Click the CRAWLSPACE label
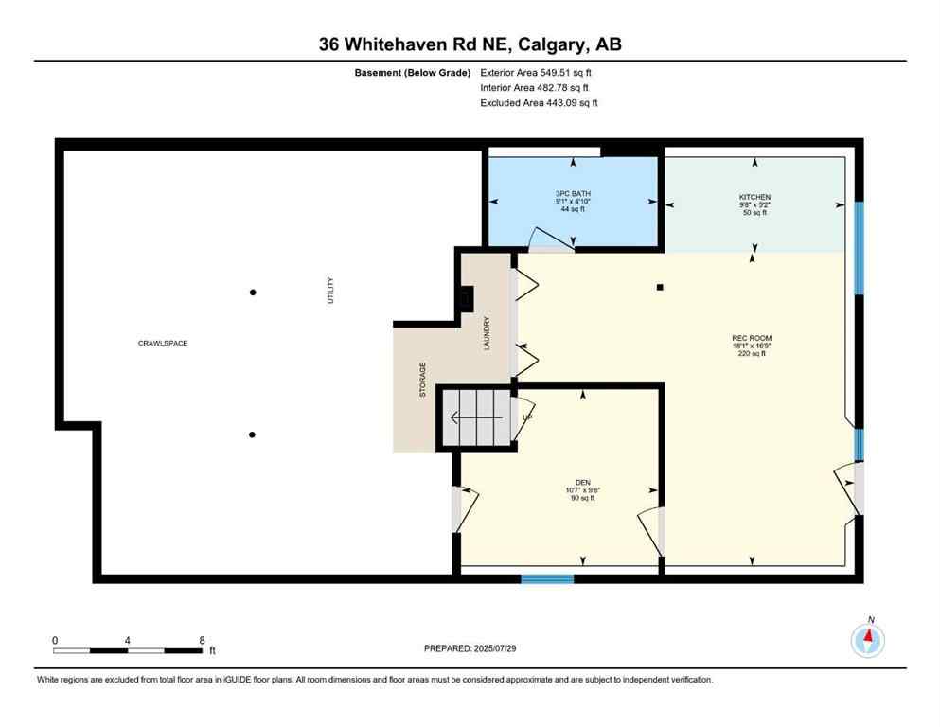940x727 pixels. [x=163, y=343]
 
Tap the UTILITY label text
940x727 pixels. [x=330, y=290]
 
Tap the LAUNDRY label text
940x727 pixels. [x=487, y=333]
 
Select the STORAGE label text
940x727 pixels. [x=423, y=379]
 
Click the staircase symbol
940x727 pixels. [x=478, y=417]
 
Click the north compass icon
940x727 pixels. [x=867, y=641]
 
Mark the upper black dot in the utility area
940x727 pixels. [x=253, y=293]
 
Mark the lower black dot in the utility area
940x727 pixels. [x=252, y=434]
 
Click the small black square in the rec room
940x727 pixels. [x=661, y=287]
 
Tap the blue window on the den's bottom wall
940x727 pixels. [x=547, y=577]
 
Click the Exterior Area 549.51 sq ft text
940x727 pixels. [x=537, y=71]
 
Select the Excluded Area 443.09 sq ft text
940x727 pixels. [x=539, y=102]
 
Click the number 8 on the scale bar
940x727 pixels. [x=202, y=640]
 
